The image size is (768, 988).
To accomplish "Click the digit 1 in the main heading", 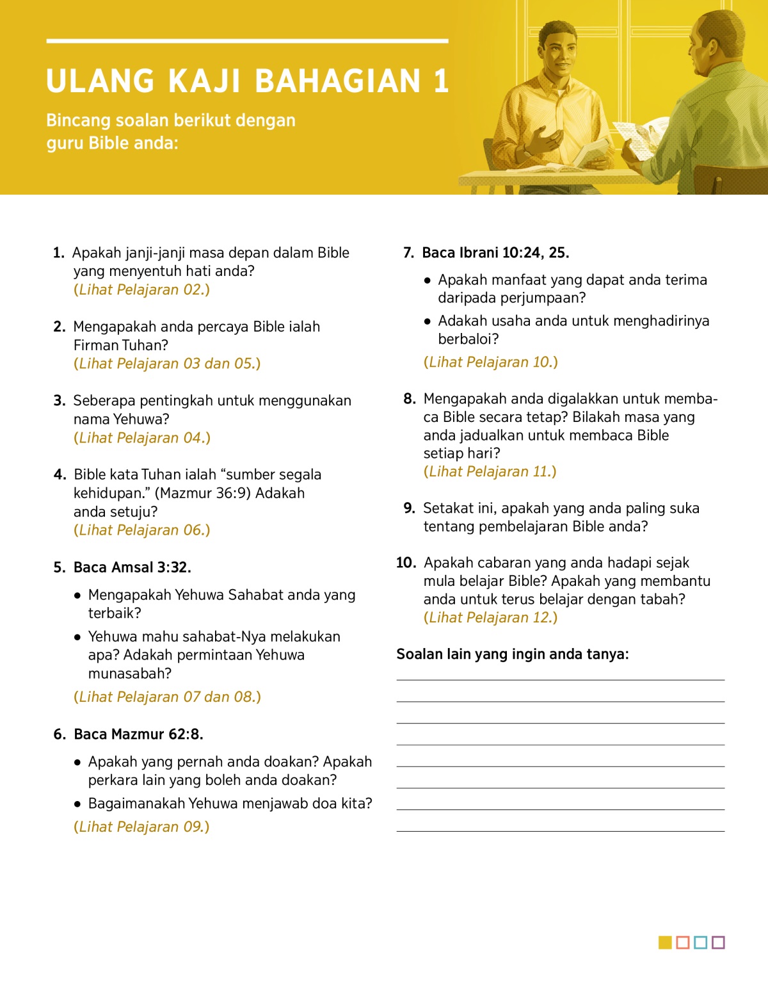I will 441,81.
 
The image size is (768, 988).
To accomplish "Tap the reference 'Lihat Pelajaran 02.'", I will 141,289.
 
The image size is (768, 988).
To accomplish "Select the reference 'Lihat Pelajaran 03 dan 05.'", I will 167,364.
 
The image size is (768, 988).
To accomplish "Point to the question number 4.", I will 60,474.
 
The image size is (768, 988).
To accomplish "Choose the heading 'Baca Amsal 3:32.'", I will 132,567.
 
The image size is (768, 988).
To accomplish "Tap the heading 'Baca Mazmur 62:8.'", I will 138,734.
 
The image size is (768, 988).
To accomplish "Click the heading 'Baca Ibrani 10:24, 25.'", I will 495,253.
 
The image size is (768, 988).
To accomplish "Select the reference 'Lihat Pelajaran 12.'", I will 490,618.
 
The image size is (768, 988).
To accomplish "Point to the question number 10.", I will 406,563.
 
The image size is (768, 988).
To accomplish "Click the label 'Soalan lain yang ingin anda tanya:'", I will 512,654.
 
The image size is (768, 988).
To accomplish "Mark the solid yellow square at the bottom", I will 665,943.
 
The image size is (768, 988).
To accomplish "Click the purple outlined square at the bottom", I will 718,943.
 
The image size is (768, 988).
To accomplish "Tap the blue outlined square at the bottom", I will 700,943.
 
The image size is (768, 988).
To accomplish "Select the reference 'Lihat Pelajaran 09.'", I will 141,827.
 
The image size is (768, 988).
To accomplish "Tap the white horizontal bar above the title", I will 247,41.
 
